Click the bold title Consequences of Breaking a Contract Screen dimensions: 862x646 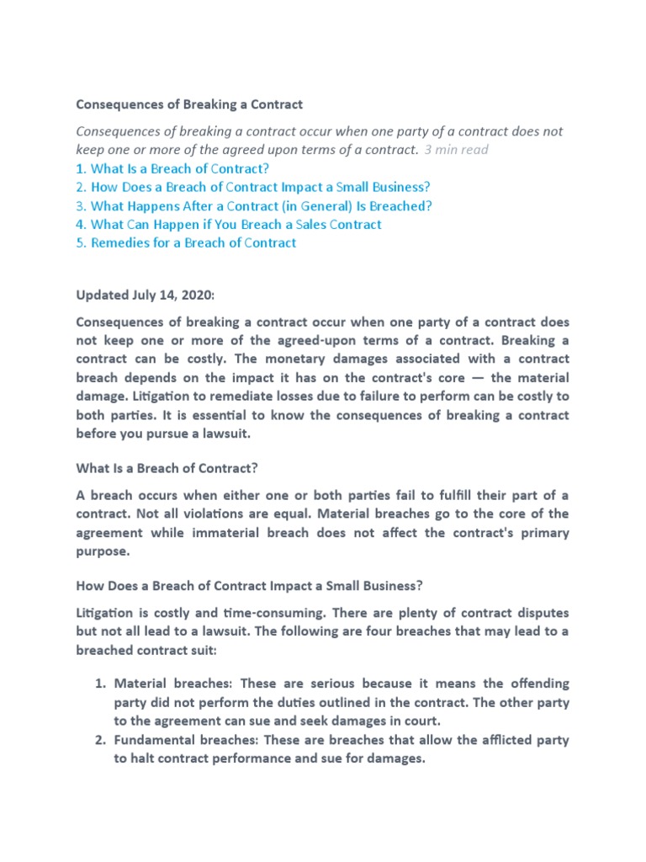coord(189,104)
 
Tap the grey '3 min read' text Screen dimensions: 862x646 coord(456,150)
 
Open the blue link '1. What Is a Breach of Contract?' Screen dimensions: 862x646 coord(172,168)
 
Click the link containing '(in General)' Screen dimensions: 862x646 coord(253,205)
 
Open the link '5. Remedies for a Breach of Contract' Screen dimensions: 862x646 coord(186,242)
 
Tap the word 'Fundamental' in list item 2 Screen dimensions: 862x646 coord(155,740)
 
